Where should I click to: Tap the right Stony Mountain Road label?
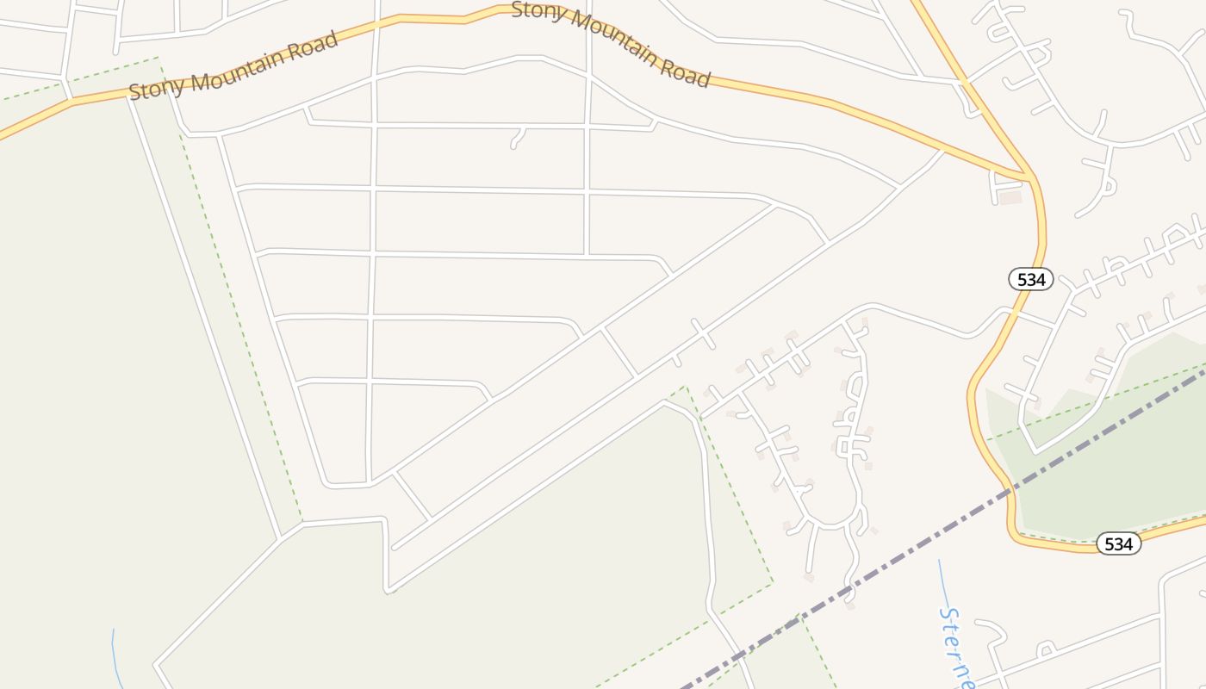[x=611, y=43]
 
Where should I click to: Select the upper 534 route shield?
[x=1031, y=279]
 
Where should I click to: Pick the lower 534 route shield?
[x=1118, y=543]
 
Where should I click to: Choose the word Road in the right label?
[x=686, y=72]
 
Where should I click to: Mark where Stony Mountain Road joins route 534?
[x=1029, y=177]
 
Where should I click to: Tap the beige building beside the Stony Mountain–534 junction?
[x=1010, y=197]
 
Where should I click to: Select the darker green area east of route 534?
[x=1111, y=465]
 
